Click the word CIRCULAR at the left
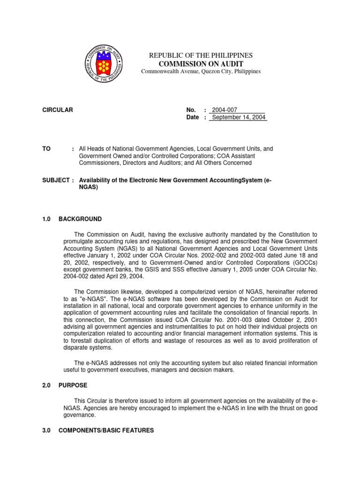tap(58, 110)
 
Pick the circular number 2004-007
tap(225, 110)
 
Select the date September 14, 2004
tap(239, 117)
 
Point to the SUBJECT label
tap(54, 180)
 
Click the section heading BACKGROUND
tap(80, 219)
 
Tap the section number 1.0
tap(46, 219)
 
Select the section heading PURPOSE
tap(73, 385)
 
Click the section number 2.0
tap(46, 385)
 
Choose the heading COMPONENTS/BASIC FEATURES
tap(106, 430)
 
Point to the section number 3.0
tap(46, 430)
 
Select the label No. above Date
tap(191, 110)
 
